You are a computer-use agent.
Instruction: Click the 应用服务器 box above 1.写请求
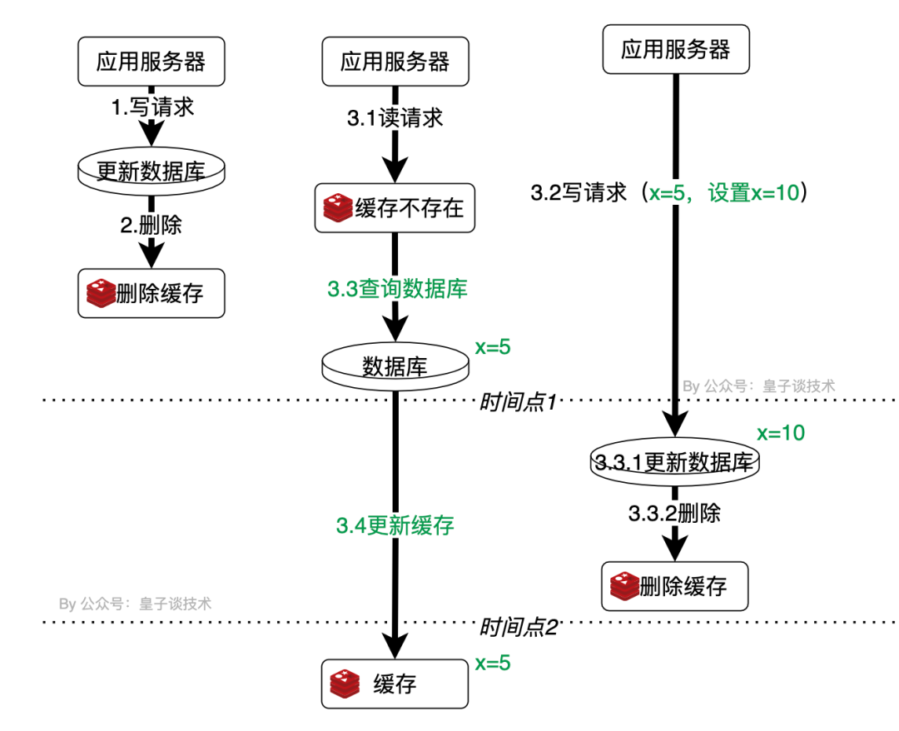click(x=151, y=62)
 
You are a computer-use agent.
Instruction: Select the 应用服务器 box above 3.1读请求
click(x=395, y=62)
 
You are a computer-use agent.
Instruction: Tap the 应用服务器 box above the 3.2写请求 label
click(x=675, y=50)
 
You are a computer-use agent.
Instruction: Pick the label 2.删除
click(x=151, y=225)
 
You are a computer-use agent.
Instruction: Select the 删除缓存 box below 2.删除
click(x=151, y=293)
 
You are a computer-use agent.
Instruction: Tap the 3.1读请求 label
click(x=395, y=117)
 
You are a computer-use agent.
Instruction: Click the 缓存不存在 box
click(x=395, y=208)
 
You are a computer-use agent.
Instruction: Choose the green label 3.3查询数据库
click(x=397, y=289)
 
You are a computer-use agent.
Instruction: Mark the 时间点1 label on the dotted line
click(x=518, y=402)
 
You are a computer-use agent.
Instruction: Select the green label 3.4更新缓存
click(x=395, y=525)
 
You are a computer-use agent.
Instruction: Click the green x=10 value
click(x=781, y=433)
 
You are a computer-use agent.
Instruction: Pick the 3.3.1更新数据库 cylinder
click(x=675, y=463)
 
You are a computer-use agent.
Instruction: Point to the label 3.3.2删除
click(x=675, y=514)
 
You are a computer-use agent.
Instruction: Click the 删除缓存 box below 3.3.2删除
click(x=675, y=586)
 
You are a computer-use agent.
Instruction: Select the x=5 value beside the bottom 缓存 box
click(x=492, y=664)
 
